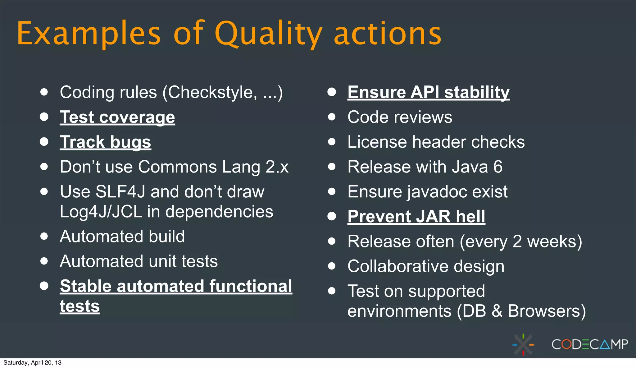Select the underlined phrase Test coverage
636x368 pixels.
[x=117, y=117]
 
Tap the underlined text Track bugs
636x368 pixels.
[x=105, y=142]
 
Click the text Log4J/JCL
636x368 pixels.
[x=101, y=212]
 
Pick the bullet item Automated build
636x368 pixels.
[x=122, y=236]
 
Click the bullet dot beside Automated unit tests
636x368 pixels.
[x=44, y=261]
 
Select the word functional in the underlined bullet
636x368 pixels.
[x=251, y=286]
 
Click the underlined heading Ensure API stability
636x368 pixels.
[x=429, y=92]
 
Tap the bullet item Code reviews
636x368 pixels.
[x=400, y=117]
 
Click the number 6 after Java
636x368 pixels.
[x=498, y=167]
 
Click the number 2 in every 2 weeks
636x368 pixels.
[x=517, y=241]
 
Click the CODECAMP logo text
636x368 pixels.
[x=589, y=344]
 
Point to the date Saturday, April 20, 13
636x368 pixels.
[x=32, y=363]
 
